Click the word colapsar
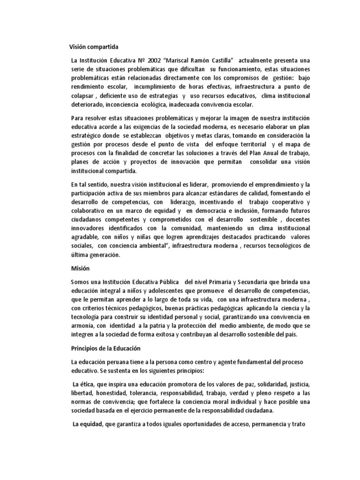pyautogui.click(x=80, y=96)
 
